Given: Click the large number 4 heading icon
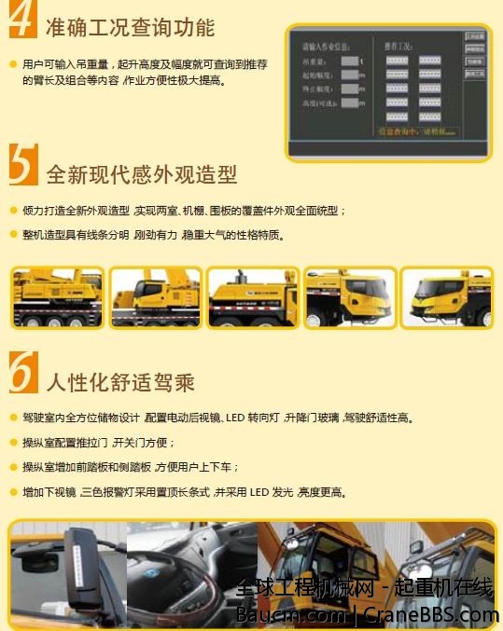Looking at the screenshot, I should click(x=22, y=21).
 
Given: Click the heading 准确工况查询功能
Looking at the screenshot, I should click(x=130, y=27).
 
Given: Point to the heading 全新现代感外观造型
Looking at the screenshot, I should click(x=141, y=174).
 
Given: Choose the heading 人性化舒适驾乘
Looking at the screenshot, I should click(x=119, y=381).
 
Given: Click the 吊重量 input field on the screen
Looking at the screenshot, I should click(x=349, y=62).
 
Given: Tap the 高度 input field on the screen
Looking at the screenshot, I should click(x=349, y=103).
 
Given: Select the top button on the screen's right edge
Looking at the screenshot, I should click(x=474, y=37).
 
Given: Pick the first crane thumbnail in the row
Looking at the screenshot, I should click(x=57, y=298).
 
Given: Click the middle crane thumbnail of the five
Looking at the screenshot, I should click(x=251, y=298).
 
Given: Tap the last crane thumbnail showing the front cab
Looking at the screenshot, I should click(x=446, y=298).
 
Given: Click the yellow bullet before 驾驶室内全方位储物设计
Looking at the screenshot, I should click(x=13, y=418).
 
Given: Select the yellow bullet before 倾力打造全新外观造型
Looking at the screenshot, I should click(x=13, y=211).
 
